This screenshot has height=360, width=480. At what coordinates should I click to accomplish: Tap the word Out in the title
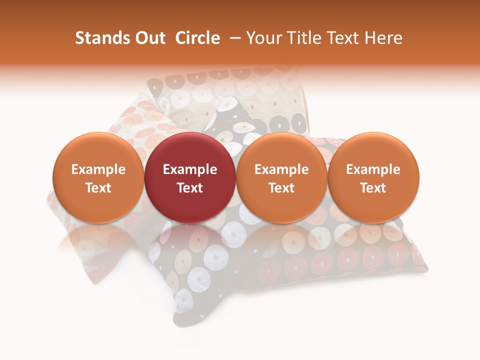click(148, 38)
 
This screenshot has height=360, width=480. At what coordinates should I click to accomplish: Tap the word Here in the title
click(383, 38)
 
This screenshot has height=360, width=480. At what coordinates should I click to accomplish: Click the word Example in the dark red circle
click(190, 169)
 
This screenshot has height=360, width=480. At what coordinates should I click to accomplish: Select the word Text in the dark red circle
click(190, 188)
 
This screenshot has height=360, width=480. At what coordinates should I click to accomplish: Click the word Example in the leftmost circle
click(98, 169)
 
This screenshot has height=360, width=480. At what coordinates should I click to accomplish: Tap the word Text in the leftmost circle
click(98, 188)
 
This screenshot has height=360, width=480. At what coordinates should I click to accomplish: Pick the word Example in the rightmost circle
click(373, 169)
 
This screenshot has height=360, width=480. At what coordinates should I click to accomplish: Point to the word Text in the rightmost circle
click(373, 188)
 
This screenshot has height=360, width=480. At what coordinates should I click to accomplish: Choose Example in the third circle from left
click(281, 169)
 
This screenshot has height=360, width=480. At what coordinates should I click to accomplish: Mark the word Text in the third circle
click(281, 188)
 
